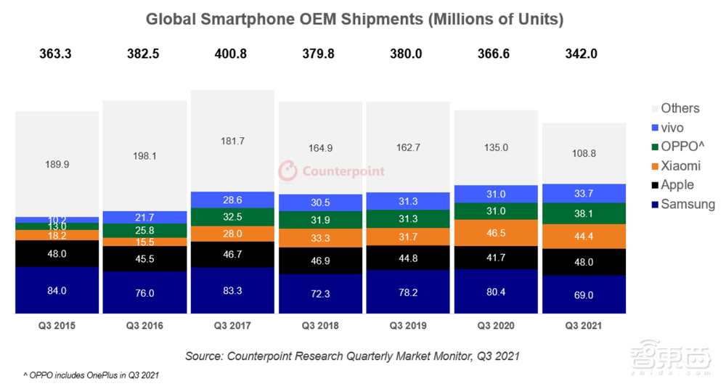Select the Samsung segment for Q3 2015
(x=57, y=290)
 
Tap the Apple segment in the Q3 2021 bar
(x=584, y=262)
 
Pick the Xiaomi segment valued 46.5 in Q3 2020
(x=497, y=233)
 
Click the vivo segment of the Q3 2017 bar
(x=232, y=200)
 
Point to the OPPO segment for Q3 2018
(x=320, y=221)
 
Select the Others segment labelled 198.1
(x=144, y=155)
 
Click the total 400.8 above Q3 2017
(x=232, y=54)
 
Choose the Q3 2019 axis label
(x=408, y=326)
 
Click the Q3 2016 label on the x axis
(x=144, y=326)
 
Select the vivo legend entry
(x=672, y=128)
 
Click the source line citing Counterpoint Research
(x=351, y=356)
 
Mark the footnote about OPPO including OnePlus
(x=91, y=375)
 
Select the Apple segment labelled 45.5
(x=144, y=258)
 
